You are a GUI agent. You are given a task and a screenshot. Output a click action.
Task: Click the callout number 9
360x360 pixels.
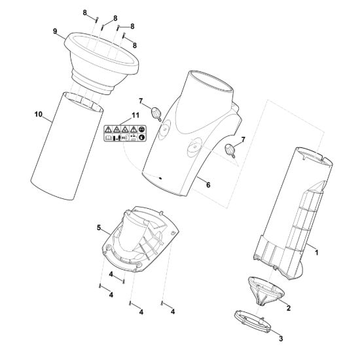(x=55, y=31)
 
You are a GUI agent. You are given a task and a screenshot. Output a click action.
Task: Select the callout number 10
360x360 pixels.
(x=39, y=114)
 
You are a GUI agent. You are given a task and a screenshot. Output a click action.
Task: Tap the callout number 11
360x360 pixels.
(x=135, y=115)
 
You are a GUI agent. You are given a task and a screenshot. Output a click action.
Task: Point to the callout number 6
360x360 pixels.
(x=208, y=185)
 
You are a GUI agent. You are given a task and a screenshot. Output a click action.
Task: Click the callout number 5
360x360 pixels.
(x=99, y=228)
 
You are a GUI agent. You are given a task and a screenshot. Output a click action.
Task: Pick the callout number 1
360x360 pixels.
(x=317, y=253)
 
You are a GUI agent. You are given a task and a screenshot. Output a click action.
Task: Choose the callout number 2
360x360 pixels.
(x=289, y=308)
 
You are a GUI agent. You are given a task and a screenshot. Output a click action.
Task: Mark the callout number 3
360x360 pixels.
(x=281, y=338)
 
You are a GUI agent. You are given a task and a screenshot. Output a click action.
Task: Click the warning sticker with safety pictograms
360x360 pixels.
(x=125, y=134)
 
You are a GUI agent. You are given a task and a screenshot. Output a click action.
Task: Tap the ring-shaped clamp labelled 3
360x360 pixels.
(x=252, y=321)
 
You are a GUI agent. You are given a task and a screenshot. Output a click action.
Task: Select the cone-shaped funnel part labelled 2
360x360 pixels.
(x=266, y=291)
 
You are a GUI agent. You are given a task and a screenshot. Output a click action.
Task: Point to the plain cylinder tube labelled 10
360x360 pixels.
(x=67, y=146)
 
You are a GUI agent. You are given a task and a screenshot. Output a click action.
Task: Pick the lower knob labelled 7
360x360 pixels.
(x=230, y=151)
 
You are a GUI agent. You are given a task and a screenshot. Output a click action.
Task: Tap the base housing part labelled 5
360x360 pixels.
(x=140, y=239)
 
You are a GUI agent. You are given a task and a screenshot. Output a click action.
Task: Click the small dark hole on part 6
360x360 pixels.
(x=160, y=178)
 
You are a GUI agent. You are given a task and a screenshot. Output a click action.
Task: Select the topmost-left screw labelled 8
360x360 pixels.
(x=97, y=20)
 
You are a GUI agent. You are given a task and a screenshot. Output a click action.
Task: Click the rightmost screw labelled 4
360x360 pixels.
(x=162, y=304)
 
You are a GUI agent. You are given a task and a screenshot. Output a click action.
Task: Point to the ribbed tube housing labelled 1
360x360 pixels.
(x=293, y=213)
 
